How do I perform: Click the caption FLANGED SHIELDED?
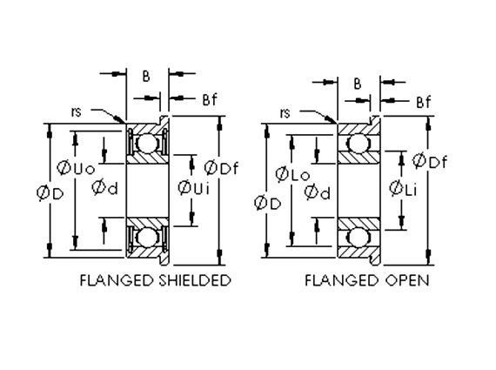[x=155, y=280]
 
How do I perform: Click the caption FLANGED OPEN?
[x=366, y=280]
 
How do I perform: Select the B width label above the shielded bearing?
[x=145, y=76]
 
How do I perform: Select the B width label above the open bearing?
[x=357, y=84]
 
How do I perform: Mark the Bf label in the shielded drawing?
[x=208, y=100]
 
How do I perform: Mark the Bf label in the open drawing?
[x=423, y=102]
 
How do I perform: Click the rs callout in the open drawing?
[x=285, y=112]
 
